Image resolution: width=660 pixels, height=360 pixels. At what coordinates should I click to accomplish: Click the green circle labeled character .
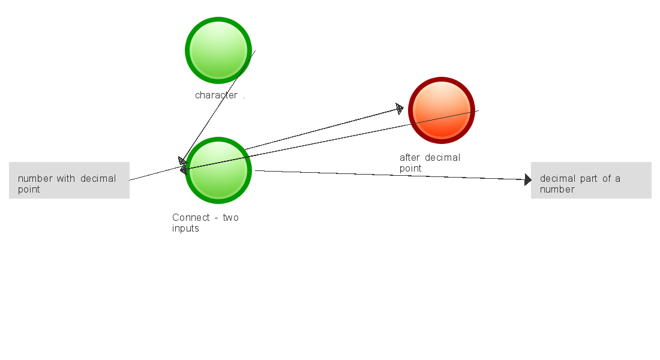pos(218,50)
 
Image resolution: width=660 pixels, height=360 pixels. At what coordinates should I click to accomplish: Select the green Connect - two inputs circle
pos(218,170)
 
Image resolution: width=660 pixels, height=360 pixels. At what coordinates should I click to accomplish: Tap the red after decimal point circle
pos(442,110)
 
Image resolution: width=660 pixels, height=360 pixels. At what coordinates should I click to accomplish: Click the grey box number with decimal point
pos(69,180)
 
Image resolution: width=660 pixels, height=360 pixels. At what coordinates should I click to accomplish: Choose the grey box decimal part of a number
pos(591,180)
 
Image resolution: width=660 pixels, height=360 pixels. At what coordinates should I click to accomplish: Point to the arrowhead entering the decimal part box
pos(528,179)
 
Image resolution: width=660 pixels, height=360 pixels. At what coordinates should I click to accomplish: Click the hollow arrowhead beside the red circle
pos(400,109)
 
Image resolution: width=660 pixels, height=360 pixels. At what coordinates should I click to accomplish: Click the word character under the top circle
pos(216,95)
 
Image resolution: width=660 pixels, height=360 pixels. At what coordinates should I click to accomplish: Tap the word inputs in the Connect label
pos(185,228)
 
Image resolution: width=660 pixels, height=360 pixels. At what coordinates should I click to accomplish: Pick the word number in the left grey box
pos(35,179)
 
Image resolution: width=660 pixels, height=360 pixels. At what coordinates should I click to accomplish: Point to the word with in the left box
pos(66,179)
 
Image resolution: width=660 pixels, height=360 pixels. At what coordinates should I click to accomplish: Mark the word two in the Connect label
pos(231,217)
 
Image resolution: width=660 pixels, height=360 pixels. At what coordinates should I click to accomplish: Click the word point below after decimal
pos(410,169)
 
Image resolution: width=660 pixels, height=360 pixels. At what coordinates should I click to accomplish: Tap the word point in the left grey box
pos(29,190)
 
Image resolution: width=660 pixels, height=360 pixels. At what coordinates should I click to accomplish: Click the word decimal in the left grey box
pos(98,179)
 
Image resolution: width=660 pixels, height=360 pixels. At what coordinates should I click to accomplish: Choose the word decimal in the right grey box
pos(558,179)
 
